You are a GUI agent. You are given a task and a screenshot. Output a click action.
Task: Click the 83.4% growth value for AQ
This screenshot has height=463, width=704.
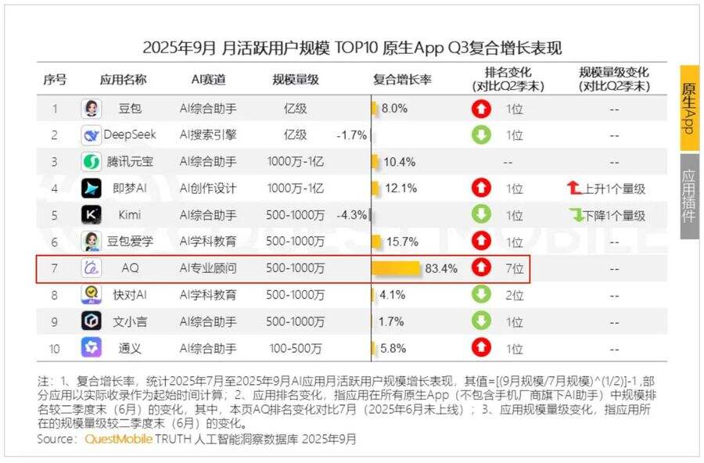coord(441,268)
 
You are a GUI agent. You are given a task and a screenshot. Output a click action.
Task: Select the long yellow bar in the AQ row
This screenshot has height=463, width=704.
coord(396,268)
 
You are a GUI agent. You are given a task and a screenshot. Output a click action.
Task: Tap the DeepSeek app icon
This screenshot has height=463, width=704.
coord(92,135)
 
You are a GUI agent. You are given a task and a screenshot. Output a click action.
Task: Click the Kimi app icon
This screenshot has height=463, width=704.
coord(92,214)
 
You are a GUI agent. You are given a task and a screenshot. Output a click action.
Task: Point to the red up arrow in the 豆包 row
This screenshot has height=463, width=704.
coord(480,109)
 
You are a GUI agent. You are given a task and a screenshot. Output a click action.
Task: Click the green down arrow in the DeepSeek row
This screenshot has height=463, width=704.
coord(480,135)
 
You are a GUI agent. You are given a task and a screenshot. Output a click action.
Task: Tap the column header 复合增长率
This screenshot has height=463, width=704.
coord(401,80)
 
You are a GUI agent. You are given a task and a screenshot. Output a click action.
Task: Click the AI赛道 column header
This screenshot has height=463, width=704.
coord(208,80)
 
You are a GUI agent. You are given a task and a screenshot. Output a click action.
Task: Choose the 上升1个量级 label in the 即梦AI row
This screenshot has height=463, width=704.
coord(607,188)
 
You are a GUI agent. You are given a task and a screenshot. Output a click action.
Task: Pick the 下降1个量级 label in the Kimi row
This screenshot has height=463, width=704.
coord(607,215)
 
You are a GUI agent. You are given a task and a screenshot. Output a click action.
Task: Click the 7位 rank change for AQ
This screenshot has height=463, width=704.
coord(514,268)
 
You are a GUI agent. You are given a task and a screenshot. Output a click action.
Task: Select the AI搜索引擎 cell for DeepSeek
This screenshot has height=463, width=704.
coord(208,135)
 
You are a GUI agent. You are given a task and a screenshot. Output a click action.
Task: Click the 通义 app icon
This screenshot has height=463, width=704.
coord(92,347)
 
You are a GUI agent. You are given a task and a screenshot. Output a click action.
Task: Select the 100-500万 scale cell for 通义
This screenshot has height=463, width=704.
coord(294,348)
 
